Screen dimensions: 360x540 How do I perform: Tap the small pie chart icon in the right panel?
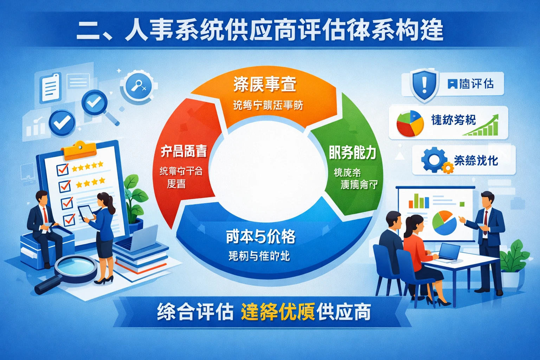pos(410,124)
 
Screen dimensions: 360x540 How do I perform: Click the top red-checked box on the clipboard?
pos(63,169)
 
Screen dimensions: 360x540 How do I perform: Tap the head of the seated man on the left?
pos(42,199)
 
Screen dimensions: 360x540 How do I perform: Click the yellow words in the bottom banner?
pos(278,312)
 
